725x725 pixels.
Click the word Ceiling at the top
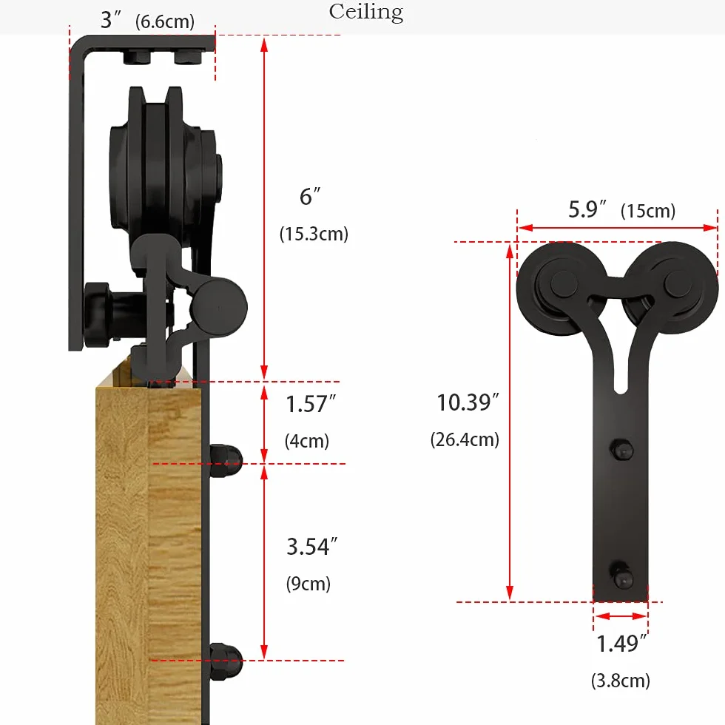365,13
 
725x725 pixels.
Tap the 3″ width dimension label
111,21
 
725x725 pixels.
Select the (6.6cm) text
164,21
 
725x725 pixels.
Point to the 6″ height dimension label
310,197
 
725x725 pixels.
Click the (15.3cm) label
314,234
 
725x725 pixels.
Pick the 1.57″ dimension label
311,404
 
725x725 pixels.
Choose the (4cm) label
306,441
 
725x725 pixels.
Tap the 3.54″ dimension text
311,547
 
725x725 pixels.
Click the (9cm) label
308,584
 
